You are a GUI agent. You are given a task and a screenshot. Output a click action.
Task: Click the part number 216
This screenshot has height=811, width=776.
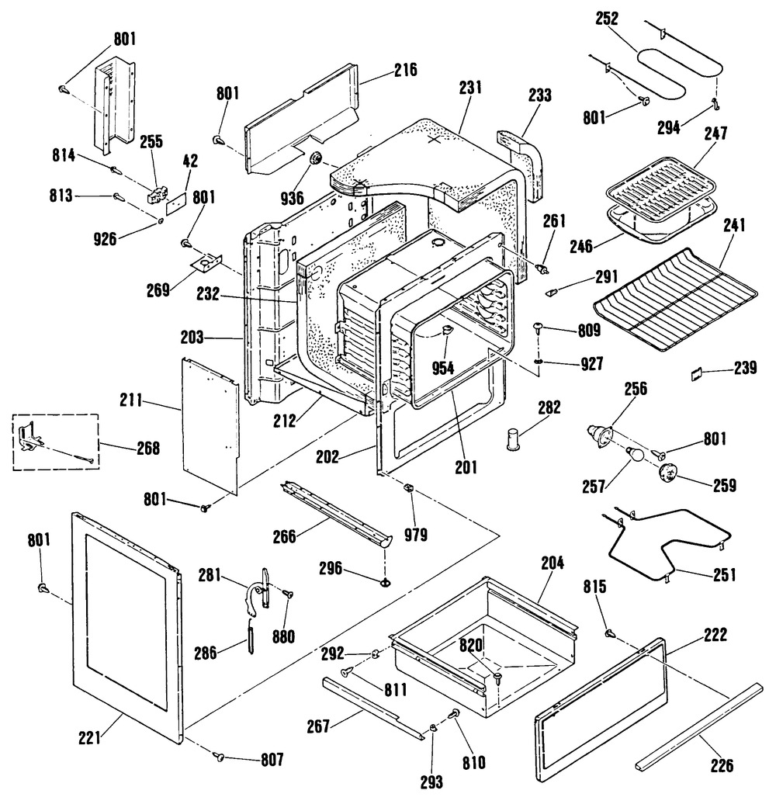[x=405, y=70]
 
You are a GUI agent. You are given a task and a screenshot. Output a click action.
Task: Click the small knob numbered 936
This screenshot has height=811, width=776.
[x=317, y=159]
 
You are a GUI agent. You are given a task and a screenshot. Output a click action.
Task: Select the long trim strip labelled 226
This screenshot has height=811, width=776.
[x=695, y=726]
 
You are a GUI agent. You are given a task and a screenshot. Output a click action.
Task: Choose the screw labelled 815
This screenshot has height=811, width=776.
[x=610, y=635]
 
